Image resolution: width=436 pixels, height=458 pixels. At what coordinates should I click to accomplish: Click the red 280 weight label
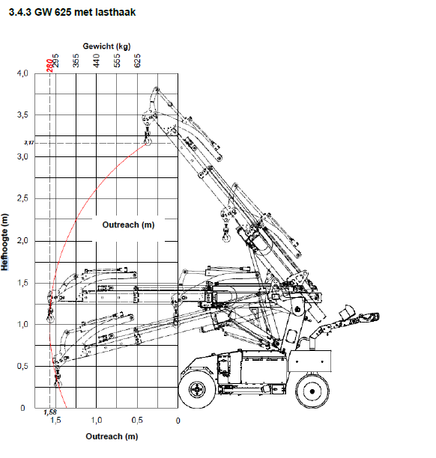click(x=49, y=65)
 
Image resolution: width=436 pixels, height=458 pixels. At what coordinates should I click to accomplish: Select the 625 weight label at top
click(x=137, y=62)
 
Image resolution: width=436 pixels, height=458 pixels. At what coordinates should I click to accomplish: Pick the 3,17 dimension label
click(x=29, y=142)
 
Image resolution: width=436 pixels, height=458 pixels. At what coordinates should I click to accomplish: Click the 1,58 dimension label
click(x=50, y=412)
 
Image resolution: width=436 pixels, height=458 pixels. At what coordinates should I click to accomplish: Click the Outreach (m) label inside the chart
click(x=128, y=225)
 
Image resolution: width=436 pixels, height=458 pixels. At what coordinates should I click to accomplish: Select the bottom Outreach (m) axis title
click(x=111, y=436)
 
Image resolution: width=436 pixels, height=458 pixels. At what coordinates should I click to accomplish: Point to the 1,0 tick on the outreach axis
click(x=97, y=421)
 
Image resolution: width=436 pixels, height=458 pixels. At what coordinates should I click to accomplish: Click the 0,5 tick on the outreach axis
click(x=138, y=421)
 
